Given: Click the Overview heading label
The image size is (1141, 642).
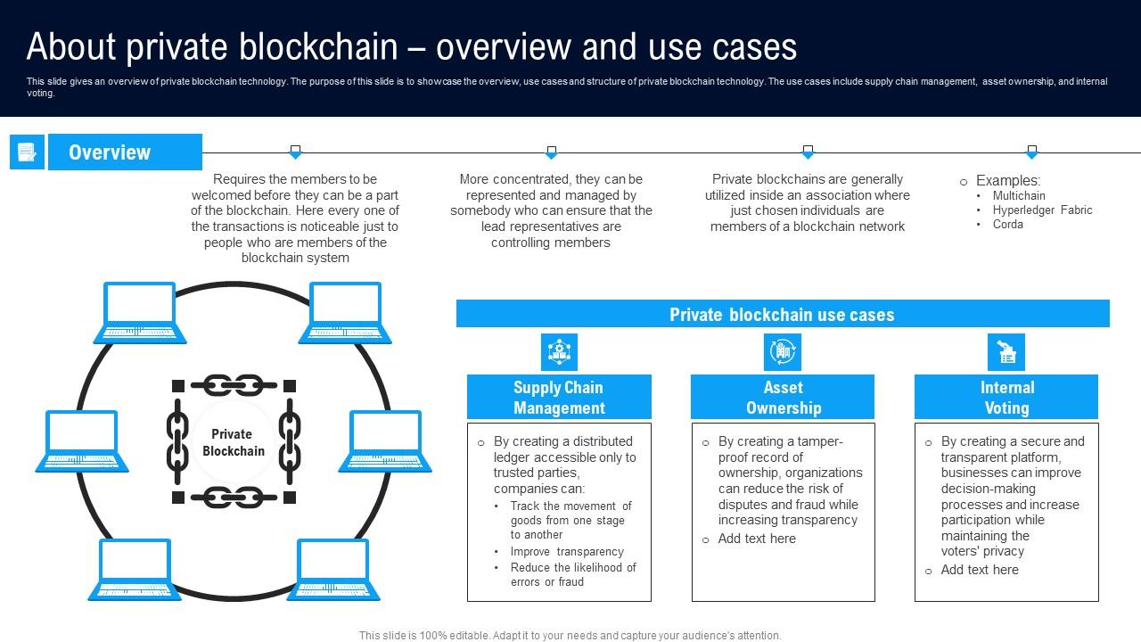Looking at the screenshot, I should click(111, 152).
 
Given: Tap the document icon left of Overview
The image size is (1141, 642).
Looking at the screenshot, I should click(27, 152).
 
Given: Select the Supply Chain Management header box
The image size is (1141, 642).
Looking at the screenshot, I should click(559, 398).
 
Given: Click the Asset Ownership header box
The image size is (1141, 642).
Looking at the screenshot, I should click(783, 398).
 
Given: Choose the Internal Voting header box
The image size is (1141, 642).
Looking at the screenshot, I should click(1006, 398).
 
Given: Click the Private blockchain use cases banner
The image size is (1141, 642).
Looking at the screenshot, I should click(782, 314).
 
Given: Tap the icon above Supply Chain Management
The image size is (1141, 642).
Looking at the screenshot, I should click(559, 352).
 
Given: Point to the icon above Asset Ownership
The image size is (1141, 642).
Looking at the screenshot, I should click(783, 352).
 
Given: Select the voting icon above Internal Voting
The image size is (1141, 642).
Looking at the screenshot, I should click(1006, 352).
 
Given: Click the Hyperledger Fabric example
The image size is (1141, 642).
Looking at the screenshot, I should click(1042, 210).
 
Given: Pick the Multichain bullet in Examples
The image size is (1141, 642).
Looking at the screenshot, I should click(1019, 195).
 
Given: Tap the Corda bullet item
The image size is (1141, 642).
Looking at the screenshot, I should click(1008, 225).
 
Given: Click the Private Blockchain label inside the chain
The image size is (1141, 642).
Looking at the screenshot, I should click(233, 442).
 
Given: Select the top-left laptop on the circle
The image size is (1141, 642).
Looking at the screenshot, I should click(140, 313).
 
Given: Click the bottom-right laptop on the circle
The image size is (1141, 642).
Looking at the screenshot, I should click(332, 569).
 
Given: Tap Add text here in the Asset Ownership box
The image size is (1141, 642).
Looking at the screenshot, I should click(757, 539).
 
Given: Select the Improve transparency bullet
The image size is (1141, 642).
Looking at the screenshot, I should click(567, 552).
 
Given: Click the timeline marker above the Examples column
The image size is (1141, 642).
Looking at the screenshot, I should click(1031, 152).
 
